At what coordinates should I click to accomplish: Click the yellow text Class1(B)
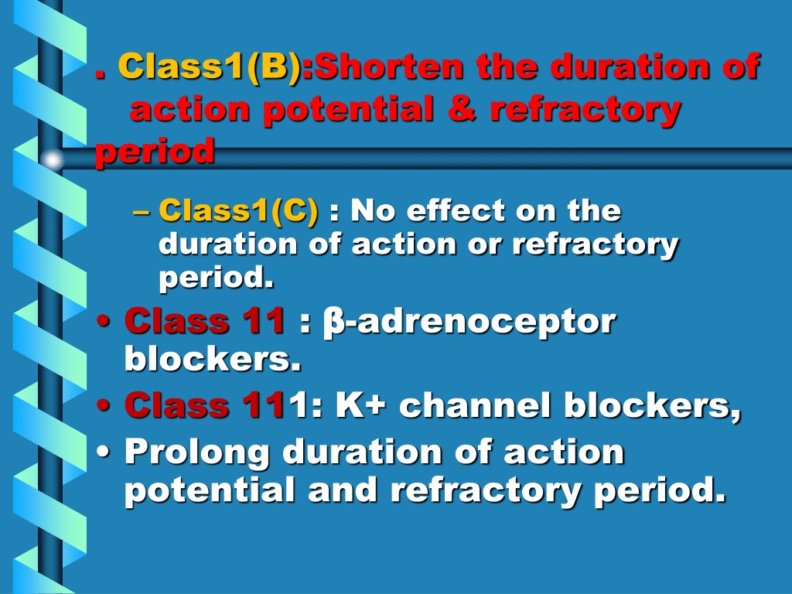210,67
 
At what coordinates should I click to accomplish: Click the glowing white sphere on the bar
52,159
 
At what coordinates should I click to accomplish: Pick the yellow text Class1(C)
239,210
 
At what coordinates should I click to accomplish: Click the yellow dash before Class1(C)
142,213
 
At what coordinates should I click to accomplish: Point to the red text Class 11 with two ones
204,321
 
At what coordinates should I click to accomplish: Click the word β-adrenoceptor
469,323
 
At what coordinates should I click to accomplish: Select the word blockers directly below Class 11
213,359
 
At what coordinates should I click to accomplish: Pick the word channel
475,405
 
